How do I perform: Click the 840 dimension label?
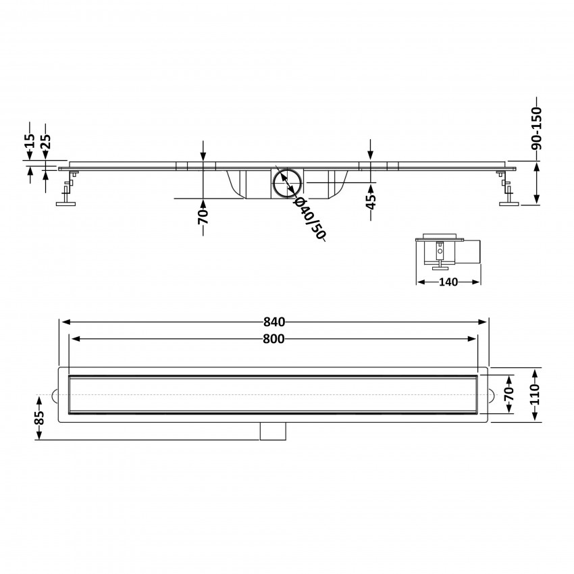273,321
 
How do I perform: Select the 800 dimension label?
273,339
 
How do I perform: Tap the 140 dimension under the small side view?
448,282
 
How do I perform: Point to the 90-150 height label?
536,128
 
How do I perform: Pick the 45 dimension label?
371,201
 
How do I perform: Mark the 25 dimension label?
46,141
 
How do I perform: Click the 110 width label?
536,394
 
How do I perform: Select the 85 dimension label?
40,418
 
